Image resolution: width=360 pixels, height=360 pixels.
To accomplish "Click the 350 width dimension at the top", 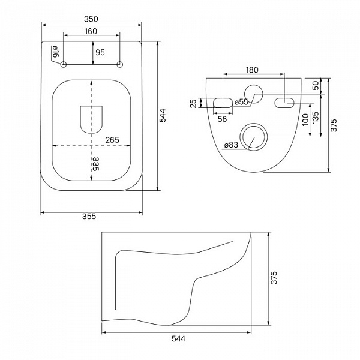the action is coord(91,19).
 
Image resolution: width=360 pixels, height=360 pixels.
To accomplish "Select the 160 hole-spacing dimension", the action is coord(91,31).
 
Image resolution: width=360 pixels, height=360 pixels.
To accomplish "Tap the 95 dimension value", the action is coord(100,52).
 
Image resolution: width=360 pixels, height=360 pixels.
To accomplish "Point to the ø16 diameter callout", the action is coord(56,52).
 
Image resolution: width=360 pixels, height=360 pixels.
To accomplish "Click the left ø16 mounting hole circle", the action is coord(64,65).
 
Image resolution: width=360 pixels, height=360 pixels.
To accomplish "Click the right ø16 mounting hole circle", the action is coord(119,65).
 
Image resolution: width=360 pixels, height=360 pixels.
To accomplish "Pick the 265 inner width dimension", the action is coord(112,140).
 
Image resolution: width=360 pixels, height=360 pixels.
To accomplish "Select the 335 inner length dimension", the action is coord(95,164).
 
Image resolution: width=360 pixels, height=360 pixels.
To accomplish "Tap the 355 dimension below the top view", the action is coord(89,216).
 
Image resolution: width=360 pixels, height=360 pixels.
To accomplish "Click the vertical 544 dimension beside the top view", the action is coord(163,115).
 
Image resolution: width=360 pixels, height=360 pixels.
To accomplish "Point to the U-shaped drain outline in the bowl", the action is coord(91,119).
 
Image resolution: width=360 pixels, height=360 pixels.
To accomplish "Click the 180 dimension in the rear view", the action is coord(252,70).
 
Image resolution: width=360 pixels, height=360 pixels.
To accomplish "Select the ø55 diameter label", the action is coord(242,102).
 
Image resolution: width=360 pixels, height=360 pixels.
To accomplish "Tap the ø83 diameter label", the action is coord(231,145).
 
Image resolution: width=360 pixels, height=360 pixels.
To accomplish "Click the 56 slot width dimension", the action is coord(222,119).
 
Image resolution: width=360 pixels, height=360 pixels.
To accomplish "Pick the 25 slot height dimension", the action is coord(194,103).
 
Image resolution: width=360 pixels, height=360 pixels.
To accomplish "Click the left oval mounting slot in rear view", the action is coord(223,103).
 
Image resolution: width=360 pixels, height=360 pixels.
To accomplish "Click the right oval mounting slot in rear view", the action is coord(284,103).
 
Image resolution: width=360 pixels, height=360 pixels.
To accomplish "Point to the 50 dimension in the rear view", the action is coord(316,85).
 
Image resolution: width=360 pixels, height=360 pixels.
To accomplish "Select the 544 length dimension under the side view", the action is coord(178,338).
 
